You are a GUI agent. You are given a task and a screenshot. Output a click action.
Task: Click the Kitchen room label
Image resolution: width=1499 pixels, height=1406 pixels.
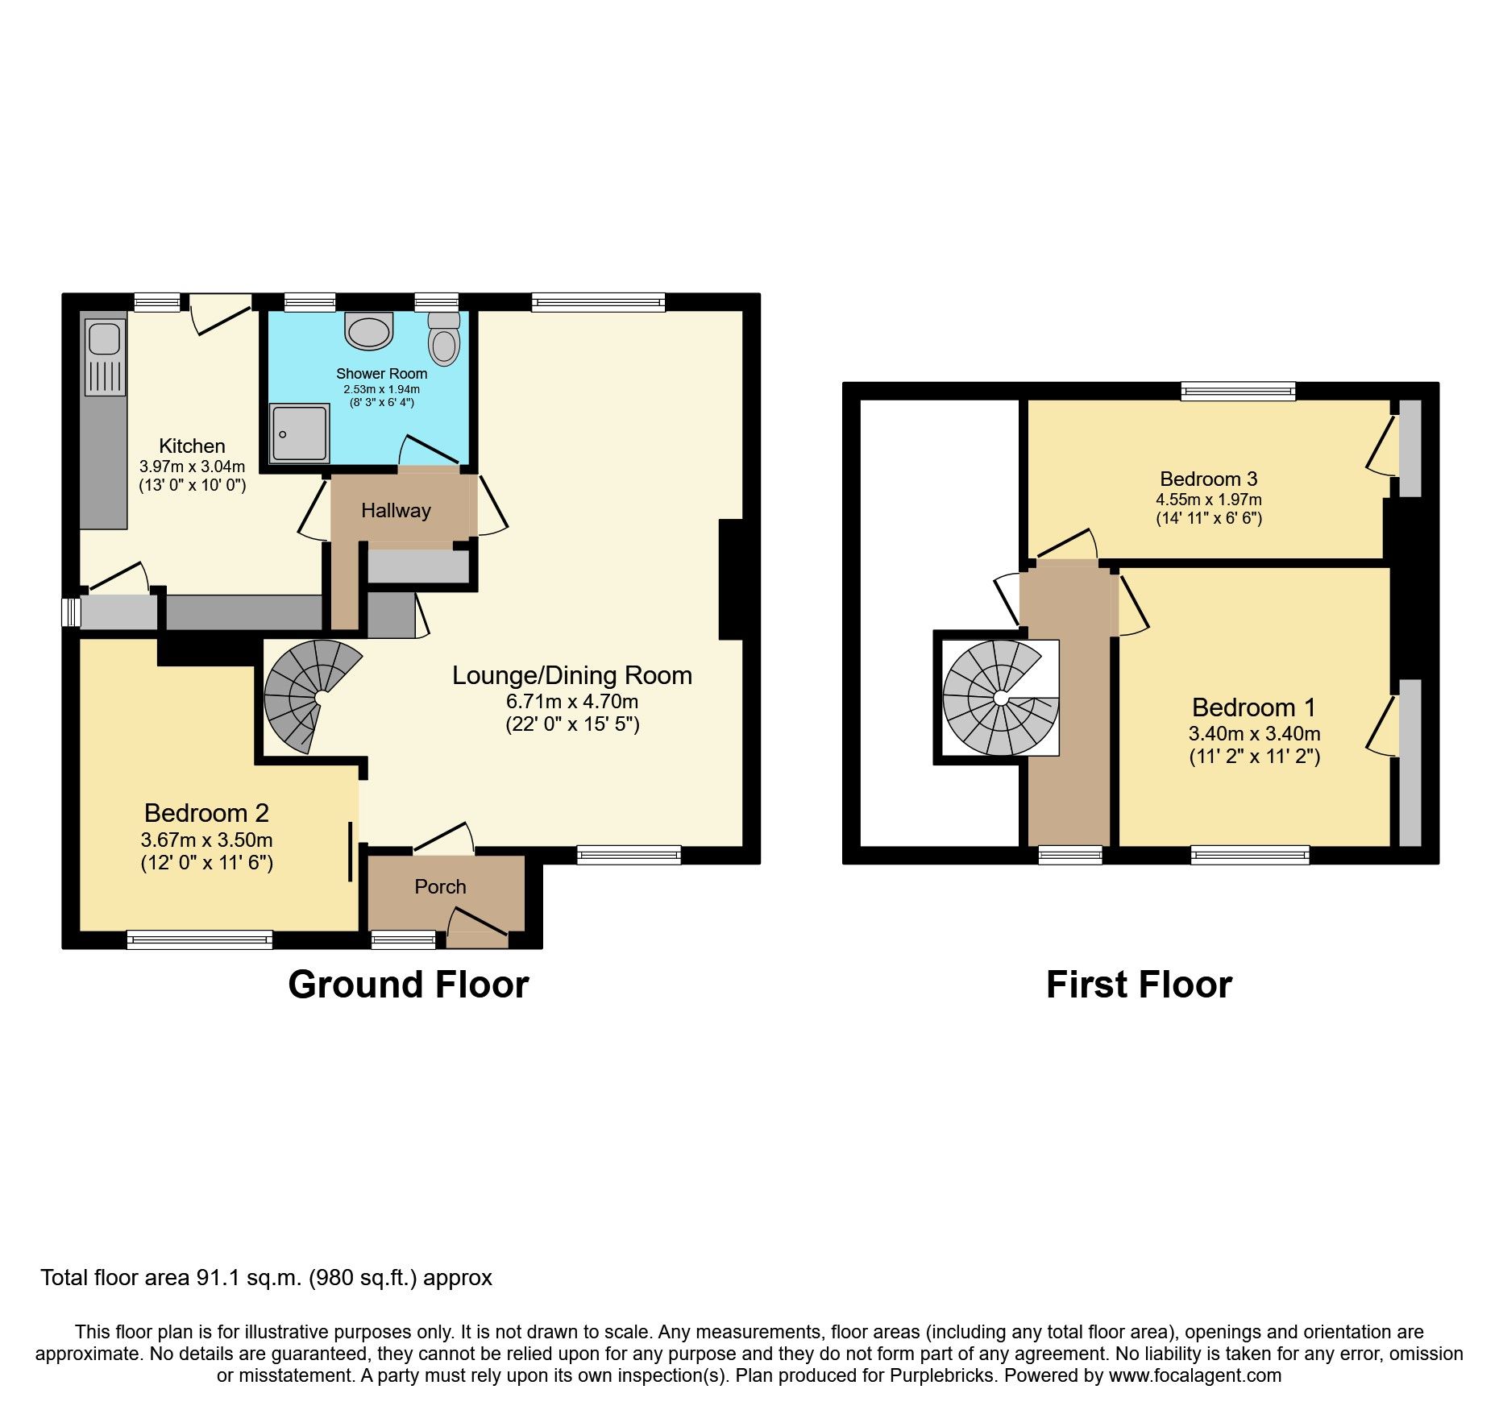coord(192,446)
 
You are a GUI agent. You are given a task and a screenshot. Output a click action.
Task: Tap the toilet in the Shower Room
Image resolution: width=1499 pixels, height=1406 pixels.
coord(443,338)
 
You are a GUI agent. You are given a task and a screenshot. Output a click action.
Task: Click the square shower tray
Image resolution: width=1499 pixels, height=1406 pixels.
coord(299,433)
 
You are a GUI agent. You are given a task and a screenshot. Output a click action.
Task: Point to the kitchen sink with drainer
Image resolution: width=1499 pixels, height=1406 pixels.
coord(105,357)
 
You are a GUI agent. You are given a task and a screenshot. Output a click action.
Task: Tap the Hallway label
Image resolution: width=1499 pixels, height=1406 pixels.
coord(396,510)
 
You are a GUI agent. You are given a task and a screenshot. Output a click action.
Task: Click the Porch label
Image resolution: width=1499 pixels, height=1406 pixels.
coord(440,886)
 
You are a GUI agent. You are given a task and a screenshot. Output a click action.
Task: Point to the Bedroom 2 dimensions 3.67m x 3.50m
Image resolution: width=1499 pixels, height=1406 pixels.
coord(206,840)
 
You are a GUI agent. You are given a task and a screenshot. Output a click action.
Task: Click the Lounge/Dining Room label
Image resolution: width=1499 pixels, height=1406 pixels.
coord(571,675)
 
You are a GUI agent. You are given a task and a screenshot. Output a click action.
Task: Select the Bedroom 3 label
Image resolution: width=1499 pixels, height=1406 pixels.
coord(1208,479)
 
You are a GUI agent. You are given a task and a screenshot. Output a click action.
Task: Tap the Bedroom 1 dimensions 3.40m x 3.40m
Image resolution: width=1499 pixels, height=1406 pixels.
coord(1254,733)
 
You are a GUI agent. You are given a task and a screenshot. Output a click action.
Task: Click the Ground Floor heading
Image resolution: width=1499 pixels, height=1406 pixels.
coord(408,985)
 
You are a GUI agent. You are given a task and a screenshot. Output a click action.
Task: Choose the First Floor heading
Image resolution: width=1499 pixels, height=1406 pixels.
coord(1139,985)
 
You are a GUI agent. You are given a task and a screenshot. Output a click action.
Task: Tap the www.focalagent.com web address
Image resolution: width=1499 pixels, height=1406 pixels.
coord(1194,1375)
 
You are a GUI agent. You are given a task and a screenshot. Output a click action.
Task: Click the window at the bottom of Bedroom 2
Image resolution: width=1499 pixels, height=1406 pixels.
coord(199,939)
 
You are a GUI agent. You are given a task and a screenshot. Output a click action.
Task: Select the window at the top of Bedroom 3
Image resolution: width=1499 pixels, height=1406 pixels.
coord(1238,392)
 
